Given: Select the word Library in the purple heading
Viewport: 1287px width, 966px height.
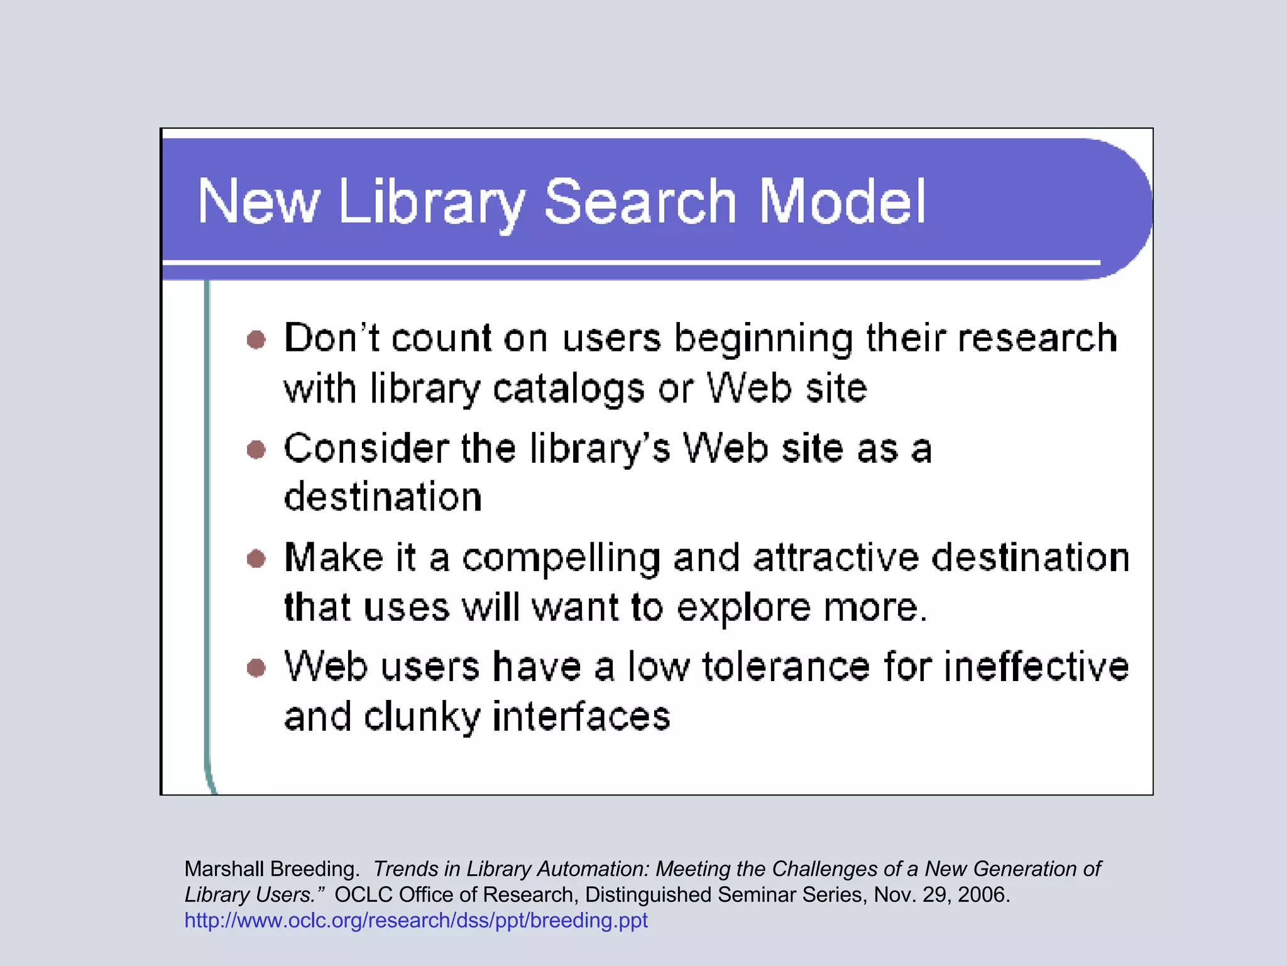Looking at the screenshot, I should [x=431, y=203].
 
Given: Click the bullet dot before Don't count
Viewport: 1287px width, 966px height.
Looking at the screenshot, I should [x=256, y=340].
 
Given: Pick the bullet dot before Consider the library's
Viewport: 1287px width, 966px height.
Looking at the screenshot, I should [x=256, y=450].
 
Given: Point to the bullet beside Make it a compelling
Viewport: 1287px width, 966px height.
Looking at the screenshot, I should [x=256, y=558].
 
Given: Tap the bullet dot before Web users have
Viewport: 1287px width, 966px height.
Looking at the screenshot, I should [x=256, y=667].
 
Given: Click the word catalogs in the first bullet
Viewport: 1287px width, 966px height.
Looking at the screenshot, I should [x=568, y=389].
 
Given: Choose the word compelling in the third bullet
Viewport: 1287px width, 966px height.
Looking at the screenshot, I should [x=561, y=559].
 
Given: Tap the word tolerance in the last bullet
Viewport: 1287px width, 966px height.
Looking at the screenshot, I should [x=786, y=667].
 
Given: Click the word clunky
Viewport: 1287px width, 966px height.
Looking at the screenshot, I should [x=422, y=717].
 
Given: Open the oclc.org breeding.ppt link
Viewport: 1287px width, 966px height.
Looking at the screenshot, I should [x=416, y=920].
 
